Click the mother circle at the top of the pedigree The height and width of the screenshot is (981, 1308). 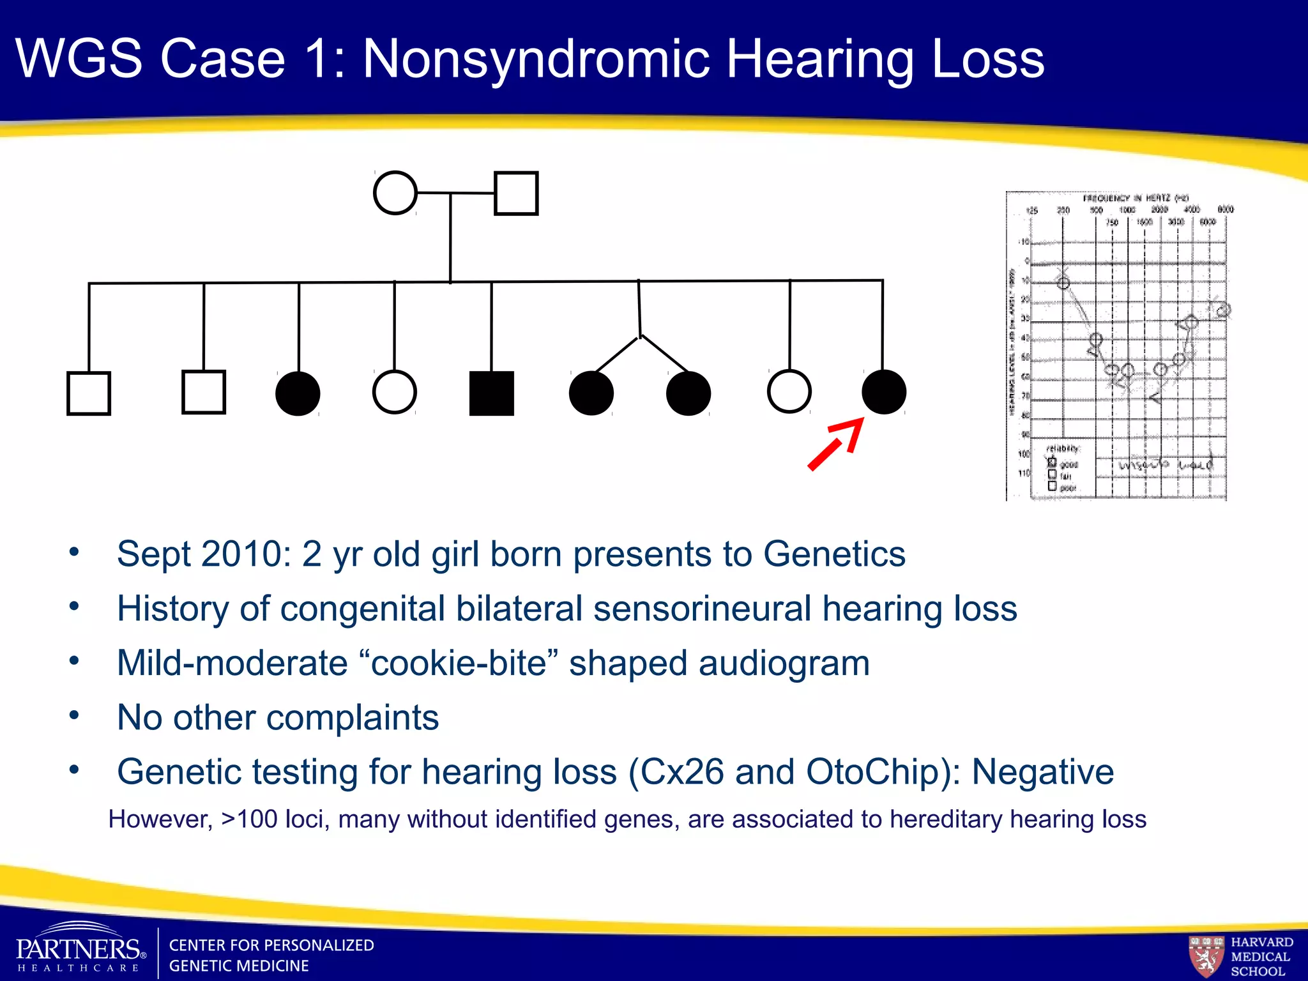point(395,193)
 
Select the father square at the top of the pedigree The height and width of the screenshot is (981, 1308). point(516,193)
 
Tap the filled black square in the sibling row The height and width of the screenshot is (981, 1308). point(491,393)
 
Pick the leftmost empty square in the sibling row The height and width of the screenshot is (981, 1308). point(89,393)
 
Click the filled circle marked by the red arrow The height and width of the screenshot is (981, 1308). point(883,392)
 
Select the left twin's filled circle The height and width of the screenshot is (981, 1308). point(591,393)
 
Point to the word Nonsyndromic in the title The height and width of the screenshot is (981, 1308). point(536,59)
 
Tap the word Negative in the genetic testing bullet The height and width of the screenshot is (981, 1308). point(1042,772)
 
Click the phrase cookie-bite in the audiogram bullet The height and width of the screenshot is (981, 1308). point(459,663)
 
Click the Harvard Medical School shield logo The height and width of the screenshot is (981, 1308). point(1206,955)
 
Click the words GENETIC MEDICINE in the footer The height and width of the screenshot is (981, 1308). point(239,966)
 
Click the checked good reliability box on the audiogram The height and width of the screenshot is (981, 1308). point(1052,462)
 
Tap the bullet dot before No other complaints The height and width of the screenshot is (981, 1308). point(74,715)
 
